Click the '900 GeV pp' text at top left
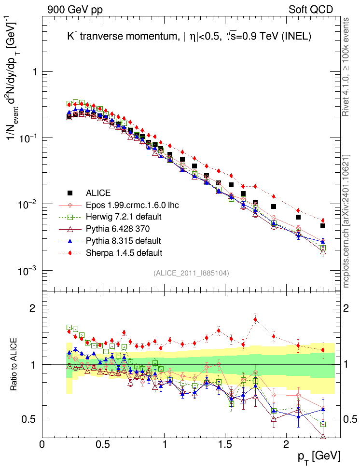[75, 9]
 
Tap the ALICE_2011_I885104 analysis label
[191, 273]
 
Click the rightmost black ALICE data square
[323, 226]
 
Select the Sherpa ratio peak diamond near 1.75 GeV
[255, 319]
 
